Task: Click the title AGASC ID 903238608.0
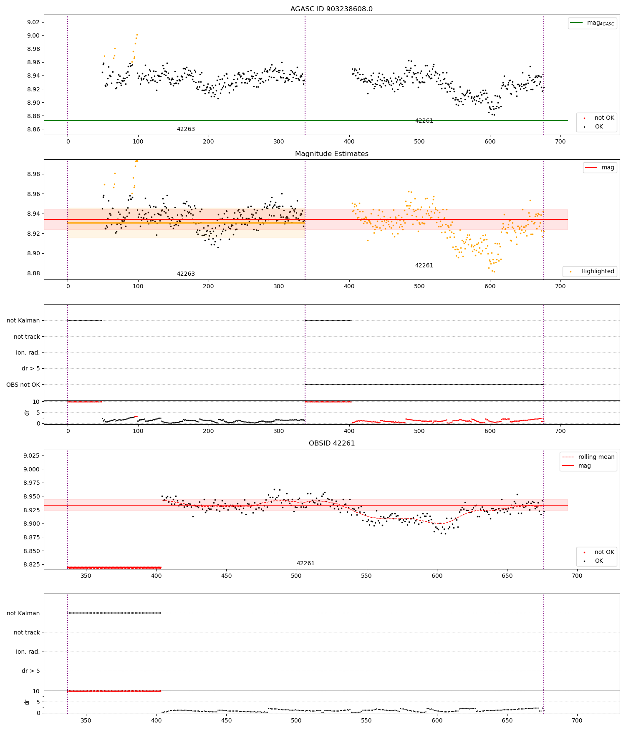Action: [x=331, y=9]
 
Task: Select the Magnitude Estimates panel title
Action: [x=331, y=154]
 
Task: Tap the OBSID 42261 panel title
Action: [x=331, y=443]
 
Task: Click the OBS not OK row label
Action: [x=23, y=385]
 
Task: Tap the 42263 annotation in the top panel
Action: [x=186, y=129]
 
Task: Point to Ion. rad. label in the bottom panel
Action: [x=28, y=652]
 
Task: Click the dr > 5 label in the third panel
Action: [x=30, y=369]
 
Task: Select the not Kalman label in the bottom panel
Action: [x=23, y=613]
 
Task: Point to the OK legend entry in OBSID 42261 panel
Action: [x=598, y=561]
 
